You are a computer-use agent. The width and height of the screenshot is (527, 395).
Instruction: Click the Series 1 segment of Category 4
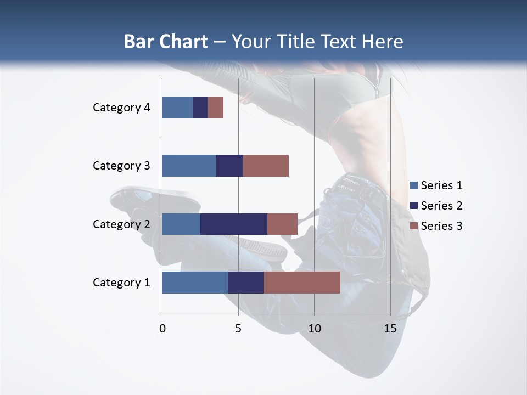point(177,108)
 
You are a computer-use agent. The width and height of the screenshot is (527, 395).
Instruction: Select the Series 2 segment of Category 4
point(200,108)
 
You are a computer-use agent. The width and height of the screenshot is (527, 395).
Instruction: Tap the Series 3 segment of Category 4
point(216,108)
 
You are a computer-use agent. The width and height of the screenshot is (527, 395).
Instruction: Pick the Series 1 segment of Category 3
point(189,166)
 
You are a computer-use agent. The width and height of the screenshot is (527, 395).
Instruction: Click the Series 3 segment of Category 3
point(266,166)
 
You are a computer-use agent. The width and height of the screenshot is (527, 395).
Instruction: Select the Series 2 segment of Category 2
point(234,224)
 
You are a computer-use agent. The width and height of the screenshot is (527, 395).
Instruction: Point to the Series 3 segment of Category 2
point(282,224)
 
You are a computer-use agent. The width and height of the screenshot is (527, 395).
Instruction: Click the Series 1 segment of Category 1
point(195,283)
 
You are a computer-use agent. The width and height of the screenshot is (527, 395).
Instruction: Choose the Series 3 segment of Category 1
point(302,283)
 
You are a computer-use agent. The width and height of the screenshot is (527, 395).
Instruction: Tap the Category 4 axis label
point(121,108)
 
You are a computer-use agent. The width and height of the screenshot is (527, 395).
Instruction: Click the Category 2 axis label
point(121,224)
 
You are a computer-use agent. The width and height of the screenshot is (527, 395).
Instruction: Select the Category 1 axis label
point(121,283)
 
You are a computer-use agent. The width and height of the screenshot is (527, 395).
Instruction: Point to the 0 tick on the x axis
point(162,329)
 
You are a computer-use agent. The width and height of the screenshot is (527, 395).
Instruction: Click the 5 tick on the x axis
point(238,329)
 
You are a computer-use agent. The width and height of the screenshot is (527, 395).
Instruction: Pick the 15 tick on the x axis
point(390,329)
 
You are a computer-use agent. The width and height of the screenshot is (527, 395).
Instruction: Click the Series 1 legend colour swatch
point(414,185)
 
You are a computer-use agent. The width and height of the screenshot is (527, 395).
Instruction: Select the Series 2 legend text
point(441,206)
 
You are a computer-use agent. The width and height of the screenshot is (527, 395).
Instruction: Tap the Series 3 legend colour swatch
point(414,226)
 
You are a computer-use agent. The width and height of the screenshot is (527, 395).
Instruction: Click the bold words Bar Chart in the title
point(166,42)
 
